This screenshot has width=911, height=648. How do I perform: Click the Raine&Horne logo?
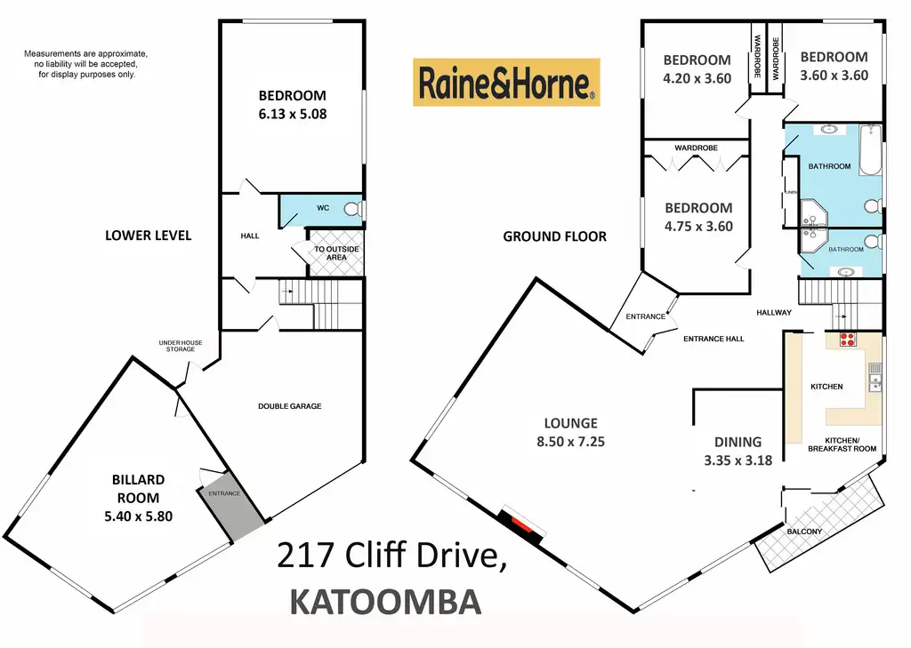point(506,83)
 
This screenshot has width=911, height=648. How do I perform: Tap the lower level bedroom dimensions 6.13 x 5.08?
point(293,113)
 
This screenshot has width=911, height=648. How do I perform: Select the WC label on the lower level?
point(323,208)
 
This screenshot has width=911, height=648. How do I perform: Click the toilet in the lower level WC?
point(352,210)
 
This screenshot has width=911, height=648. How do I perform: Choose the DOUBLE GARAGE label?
point(290,406)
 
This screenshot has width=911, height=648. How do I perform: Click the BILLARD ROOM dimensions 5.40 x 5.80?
point(138,515)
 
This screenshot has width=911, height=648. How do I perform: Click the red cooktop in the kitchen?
point(846,339)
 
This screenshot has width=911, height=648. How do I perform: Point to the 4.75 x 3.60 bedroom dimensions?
point(699,226)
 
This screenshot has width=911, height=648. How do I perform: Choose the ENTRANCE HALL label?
point(713,339)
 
